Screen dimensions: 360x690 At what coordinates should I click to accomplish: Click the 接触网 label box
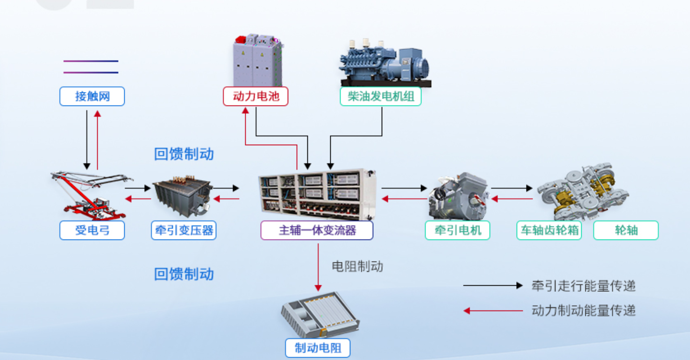pos(92,97)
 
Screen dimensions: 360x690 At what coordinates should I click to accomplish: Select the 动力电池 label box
pos(256,97)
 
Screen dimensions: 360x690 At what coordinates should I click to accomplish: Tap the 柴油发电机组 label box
pos(381,97)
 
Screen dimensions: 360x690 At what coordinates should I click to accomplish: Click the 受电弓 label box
pos(92,230)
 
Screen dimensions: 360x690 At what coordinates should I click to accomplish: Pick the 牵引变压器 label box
pos(184,230)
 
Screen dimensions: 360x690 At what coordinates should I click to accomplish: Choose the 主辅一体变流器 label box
pos(317,230)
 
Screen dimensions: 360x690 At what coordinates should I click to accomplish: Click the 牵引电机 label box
pos(457,230)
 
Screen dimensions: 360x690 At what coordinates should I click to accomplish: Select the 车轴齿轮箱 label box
pos(549,230)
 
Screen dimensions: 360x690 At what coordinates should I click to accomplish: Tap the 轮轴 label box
pos(626,230)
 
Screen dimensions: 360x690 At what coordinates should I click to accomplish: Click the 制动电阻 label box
pos(318,348)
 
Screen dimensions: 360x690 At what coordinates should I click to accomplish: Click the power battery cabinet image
pos(258,60)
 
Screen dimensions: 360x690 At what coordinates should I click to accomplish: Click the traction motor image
pos(458,196)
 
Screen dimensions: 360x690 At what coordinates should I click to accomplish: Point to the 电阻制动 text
pos(357,267)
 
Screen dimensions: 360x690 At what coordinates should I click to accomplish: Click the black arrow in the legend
pos(492,285)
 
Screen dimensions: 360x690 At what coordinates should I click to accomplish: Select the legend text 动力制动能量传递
pos(583,310)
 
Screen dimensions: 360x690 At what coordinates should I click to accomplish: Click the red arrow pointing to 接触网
pos(97,140)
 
